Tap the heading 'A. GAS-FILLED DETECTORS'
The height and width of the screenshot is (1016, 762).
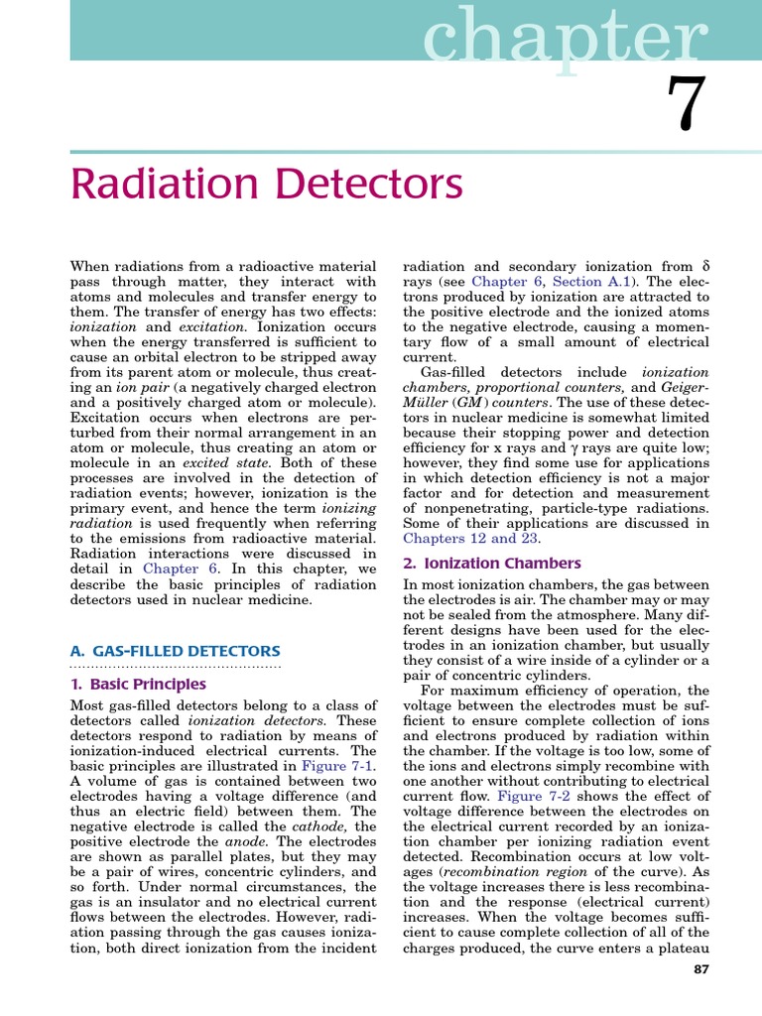click(x=175, y=651)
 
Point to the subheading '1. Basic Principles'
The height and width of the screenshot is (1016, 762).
click(x=138, y=684)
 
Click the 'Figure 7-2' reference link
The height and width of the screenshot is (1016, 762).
click(x=534, y=797)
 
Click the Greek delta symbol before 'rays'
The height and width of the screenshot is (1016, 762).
click(x=705, y=266)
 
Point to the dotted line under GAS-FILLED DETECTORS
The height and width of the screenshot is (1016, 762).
click(x=175, y=666)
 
